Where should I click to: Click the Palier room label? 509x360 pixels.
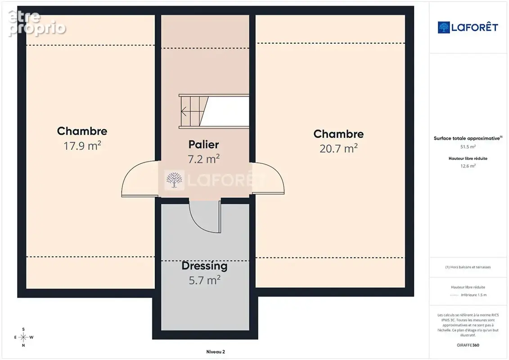[203, 144]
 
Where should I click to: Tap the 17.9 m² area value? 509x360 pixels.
[82, 146]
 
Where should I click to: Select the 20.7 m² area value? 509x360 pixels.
[338, 148]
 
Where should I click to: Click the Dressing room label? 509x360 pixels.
[204, 266]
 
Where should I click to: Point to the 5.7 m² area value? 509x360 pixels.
[204, 280]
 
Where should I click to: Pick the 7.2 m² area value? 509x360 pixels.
[203, 159]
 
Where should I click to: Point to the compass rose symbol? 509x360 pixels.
[23, 337]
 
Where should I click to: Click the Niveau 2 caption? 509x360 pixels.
[216, 351]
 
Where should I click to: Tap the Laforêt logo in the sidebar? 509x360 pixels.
[468, 27]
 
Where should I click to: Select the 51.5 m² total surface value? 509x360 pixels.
[468, 147]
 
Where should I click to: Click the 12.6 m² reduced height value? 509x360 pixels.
[468, 166]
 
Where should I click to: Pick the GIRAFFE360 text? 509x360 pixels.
[468, 345]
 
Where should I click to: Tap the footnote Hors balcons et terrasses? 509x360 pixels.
[468, 267]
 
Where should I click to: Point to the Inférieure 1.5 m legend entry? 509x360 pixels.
[473, 295]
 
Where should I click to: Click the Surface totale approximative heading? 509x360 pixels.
[467, 138]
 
